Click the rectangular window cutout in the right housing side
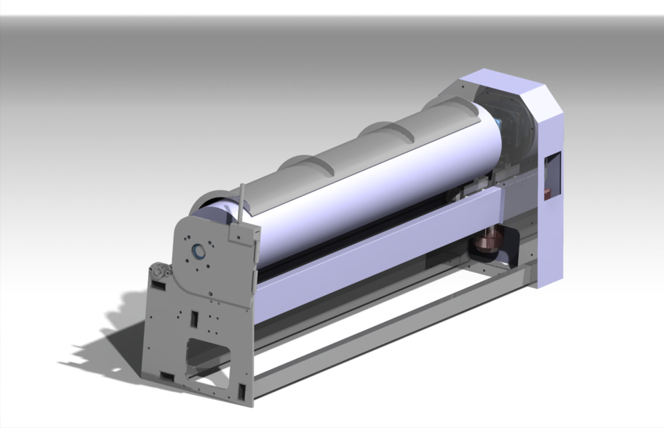(552, 177)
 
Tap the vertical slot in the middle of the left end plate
(195, 319)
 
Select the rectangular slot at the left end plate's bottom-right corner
(242, 391)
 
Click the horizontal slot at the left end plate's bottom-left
(167, 376)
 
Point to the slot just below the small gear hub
(158, 285)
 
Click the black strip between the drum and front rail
(346, 239)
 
